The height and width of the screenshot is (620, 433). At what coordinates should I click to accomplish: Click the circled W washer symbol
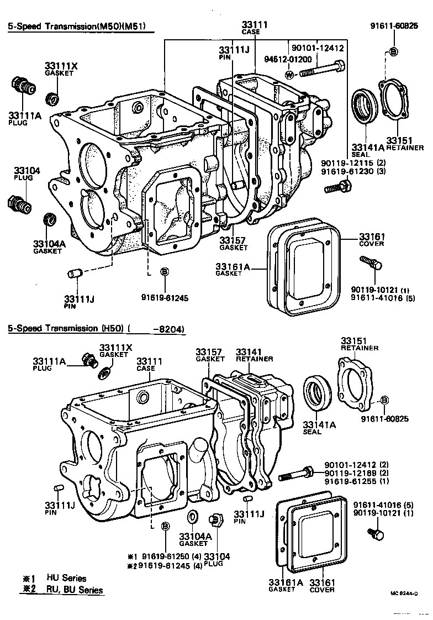pos(289,73)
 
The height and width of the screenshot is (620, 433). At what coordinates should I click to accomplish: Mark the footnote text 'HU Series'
pos(66,578)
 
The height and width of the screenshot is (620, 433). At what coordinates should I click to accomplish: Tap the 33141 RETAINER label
pos(254,355)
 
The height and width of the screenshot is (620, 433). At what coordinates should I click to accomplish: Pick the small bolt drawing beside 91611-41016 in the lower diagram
pos(376,534)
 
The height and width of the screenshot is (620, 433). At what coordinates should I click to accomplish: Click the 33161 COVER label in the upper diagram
pos(371,239)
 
